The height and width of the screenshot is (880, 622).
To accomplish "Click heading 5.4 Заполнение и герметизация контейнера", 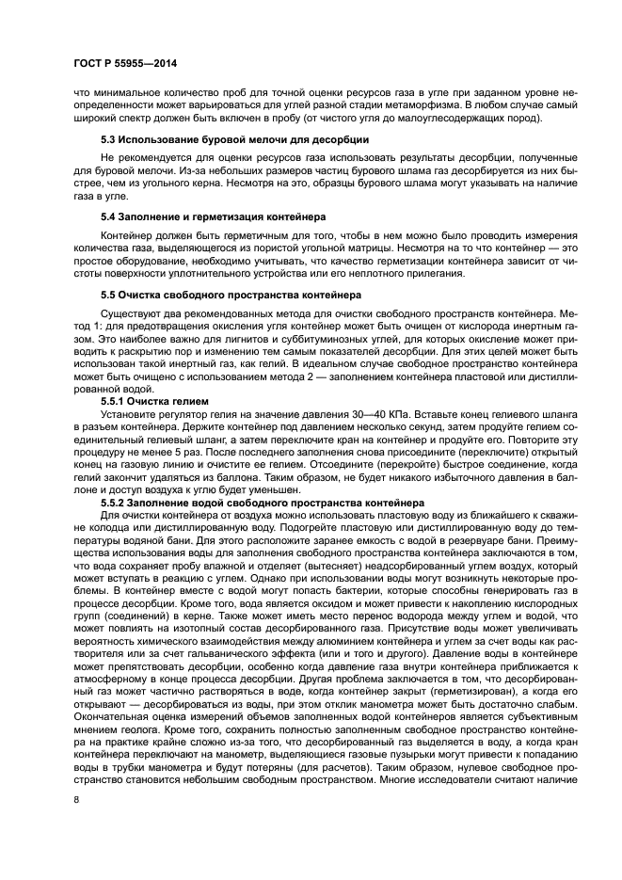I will (x=200, y=216).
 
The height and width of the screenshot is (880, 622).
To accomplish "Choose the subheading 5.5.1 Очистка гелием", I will (x=152, y=401).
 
